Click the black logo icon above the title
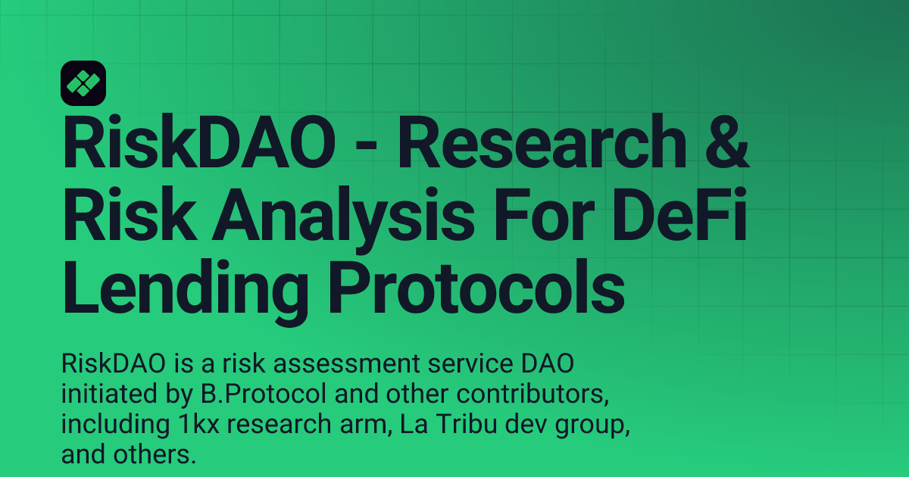(83, 83)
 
